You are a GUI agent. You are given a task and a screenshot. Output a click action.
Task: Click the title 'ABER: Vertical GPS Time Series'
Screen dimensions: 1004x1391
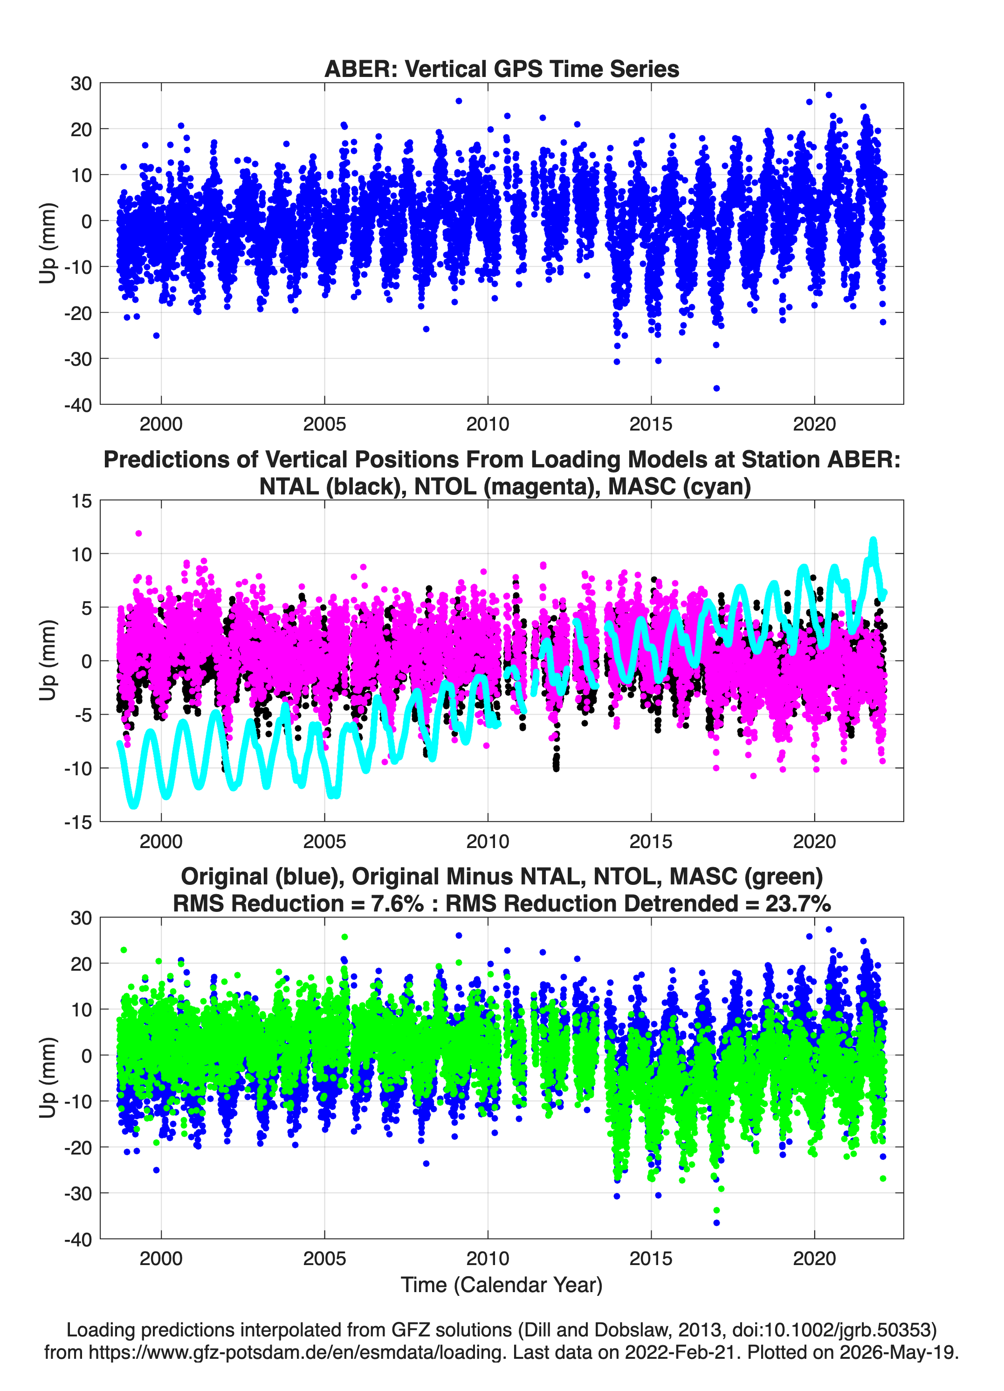coord(502,69)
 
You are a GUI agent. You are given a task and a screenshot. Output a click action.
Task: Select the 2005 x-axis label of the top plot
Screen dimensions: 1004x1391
coord(324,424)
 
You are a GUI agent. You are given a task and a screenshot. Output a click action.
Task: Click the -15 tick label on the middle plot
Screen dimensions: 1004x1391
coord(78,822)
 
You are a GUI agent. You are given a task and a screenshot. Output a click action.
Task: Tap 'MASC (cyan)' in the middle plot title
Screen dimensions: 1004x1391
coord(679,487)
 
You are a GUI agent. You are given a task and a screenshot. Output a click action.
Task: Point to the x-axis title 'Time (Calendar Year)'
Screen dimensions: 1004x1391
coord(502,1284)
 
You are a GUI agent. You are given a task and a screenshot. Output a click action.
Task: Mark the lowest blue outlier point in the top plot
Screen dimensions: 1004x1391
coord(716,388)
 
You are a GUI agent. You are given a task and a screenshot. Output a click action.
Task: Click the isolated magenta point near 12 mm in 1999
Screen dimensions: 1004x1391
coord(138,534)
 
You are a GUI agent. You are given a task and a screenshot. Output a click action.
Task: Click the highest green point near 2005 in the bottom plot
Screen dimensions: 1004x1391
coord(344,937)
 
